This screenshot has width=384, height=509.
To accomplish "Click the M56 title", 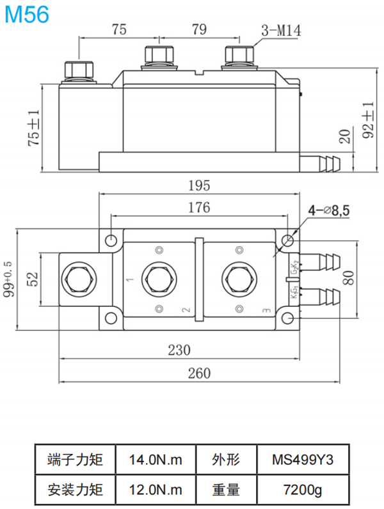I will pos(26,14).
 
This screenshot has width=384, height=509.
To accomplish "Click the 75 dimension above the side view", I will pos(118,29).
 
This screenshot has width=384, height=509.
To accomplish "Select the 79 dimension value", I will pos(199,29).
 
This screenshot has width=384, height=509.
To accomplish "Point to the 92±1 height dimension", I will pos(367,120).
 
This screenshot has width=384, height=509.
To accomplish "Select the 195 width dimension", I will pos(198,185).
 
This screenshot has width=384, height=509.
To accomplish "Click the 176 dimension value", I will pos(198,207).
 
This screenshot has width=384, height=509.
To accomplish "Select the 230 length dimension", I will pos(180,350).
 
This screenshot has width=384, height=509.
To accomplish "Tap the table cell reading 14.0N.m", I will pos(156,459).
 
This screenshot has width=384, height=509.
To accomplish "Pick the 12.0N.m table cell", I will pos(156,490).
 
